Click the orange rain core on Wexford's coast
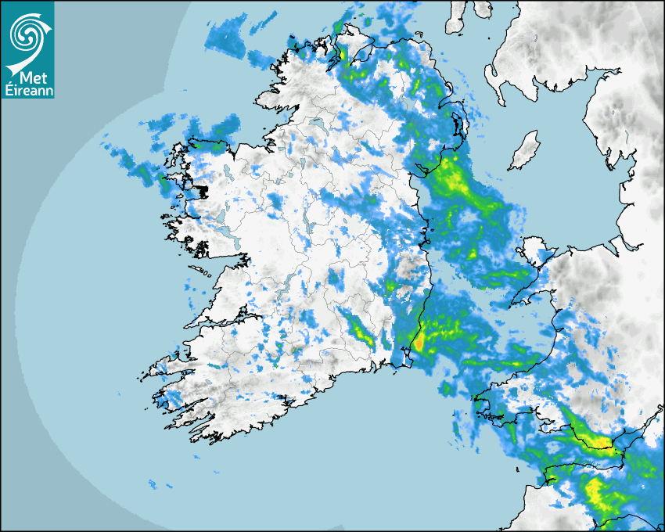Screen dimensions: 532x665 tap(419, 341)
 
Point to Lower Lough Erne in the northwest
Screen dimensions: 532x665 tap(318, 125)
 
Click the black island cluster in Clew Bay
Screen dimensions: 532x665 tap(202, 190)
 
